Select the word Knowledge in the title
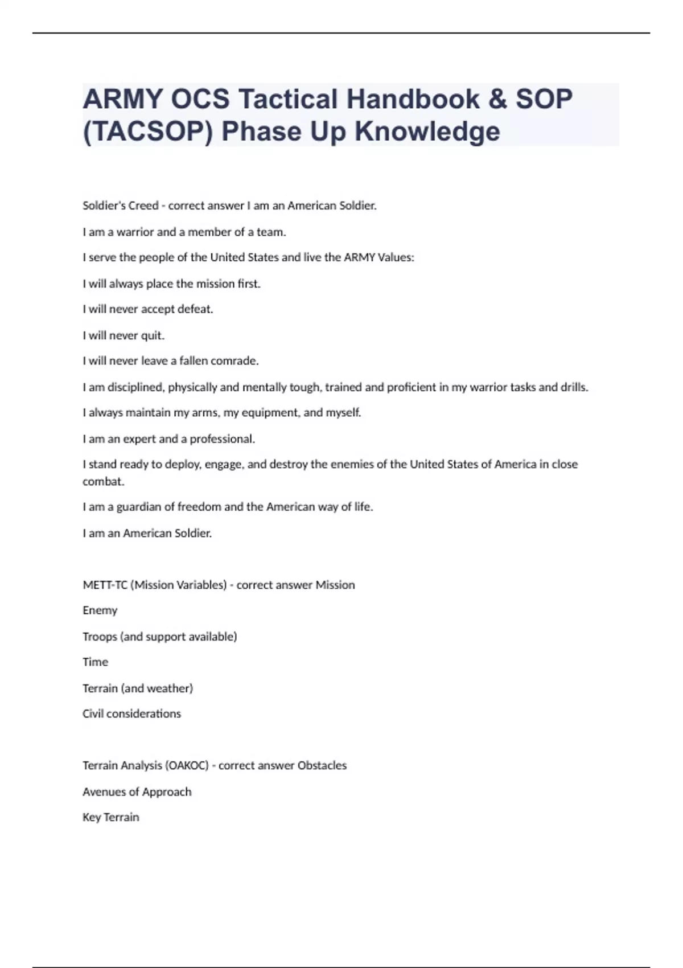tap(427, 132)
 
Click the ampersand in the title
tap(497, 99)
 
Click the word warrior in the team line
tap(135, 232)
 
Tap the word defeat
tap(195, 309)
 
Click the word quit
tap(152, 335)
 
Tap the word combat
tap(103, 481)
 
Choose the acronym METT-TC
tap(105, 585)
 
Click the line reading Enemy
tap(100, 610)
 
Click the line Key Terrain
tap(111, 817)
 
